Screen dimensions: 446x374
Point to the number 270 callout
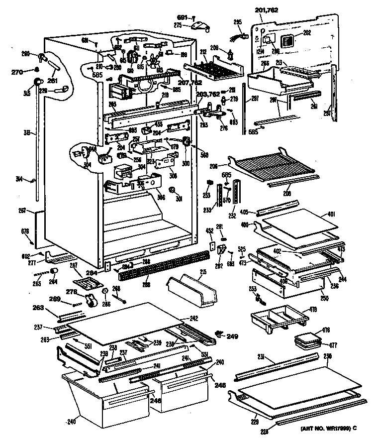pyautogui.click(x=17, y=71)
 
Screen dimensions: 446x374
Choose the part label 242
pyautogui.click(x=194, y=318)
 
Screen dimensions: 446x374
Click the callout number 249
pyautogui.click(x=232, y=337)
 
